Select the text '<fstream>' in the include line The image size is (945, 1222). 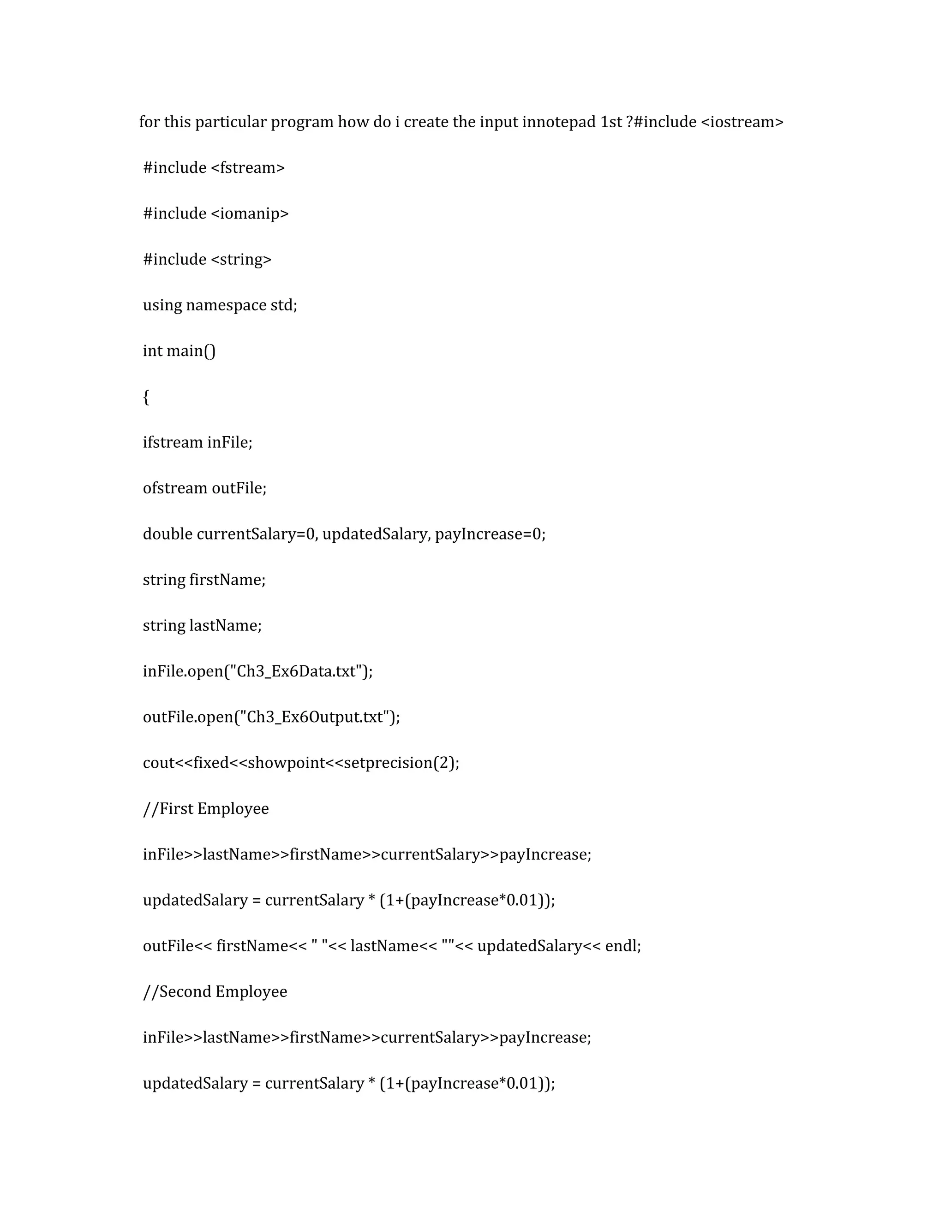point(247,168)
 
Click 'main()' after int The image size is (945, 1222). point(191,351)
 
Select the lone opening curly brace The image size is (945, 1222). point(146,397)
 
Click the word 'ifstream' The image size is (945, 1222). point(173,443)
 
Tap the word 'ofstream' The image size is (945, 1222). point(175,488)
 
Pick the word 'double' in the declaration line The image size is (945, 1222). point(167,534)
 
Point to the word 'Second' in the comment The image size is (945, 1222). point(185,992)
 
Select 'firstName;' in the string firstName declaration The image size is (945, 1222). point(227,580)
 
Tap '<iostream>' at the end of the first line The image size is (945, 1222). point(742,122)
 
